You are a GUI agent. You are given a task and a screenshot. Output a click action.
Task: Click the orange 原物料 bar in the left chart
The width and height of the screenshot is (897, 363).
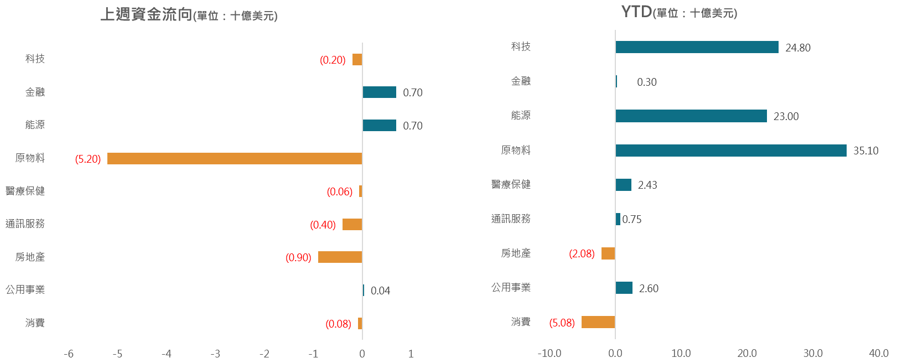[x=235, y=159]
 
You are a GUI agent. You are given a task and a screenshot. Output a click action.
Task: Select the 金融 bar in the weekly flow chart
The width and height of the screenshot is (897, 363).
[x=380, y=92]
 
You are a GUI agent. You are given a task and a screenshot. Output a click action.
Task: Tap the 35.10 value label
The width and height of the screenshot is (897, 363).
[x=865, y=151]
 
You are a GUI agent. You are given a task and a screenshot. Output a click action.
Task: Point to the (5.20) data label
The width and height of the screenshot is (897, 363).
[x=88, y=159]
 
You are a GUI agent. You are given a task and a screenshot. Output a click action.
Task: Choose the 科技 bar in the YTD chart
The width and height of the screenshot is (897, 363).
[x=697, y=48]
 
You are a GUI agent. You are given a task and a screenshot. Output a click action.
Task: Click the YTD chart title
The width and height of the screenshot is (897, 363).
[x=679, y=12]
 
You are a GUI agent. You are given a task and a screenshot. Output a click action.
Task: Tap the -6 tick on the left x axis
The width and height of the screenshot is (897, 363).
[x=69, y=354]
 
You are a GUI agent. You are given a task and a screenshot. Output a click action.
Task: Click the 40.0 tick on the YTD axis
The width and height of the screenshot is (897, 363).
[x=878, y=354]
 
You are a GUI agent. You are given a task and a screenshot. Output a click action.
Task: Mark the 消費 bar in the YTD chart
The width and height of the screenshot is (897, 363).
[x=598, y=322]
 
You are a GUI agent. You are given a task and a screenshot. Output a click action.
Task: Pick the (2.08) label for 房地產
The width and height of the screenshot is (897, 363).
[x=582, y=254]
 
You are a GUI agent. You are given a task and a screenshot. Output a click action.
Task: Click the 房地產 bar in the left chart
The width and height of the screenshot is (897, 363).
[x=340, y=257]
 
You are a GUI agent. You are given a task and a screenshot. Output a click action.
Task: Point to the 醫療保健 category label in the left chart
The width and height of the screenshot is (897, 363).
[x=25, y=191]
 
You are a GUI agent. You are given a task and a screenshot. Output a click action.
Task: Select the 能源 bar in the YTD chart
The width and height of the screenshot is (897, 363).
[x=691, y=116]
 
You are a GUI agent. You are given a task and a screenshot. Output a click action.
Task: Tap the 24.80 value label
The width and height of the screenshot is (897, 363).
[x=798, y=48]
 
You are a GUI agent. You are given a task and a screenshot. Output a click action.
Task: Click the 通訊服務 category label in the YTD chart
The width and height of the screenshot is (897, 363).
[x=511, y=219]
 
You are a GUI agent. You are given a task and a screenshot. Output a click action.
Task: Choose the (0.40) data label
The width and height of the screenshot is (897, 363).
[x=323, y=225]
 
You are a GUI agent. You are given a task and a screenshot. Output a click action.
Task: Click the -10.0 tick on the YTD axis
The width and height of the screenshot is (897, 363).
[x=549, y=354]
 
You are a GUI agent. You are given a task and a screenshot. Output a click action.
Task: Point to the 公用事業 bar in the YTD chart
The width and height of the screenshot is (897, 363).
[x=624, y=288]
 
